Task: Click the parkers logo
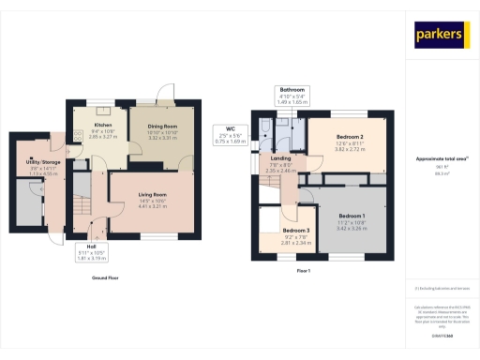pyautogui.click(x=440, y=35)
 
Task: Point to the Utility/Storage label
pyautogui.click(x=37, y=165)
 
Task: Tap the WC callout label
pyautogui.click(x=230, y=131)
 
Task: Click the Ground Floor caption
pyautogui.click(x=105, y=277)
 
